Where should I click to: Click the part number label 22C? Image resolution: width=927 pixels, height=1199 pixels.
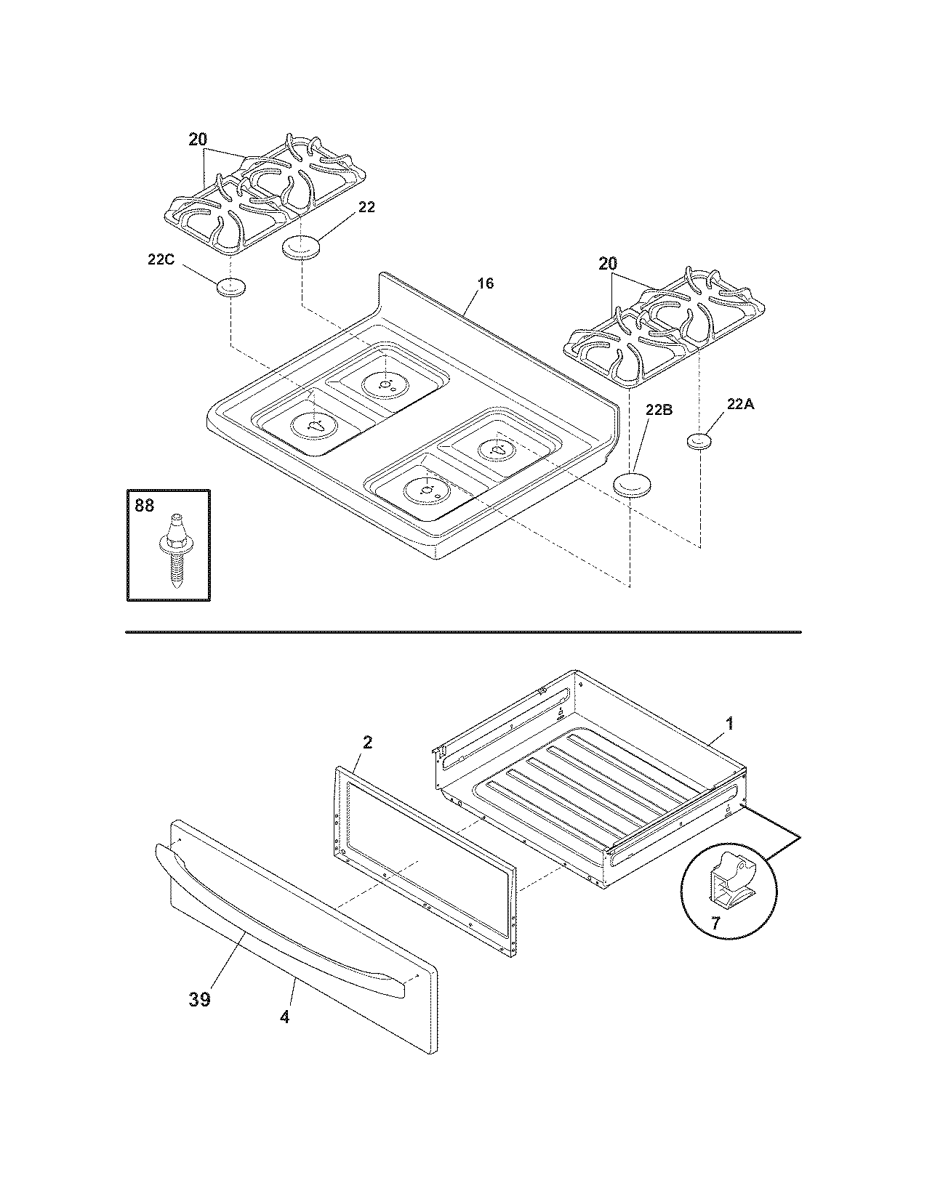click(x=160, y=259)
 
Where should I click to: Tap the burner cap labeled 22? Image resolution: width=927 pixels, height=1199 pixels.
click(x=301, y=247)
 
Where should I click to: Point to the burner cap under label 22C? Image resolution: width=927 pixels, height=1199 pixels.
click(x=230, y=287)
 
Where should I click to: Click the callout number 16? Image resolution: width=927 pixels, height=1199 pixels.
click(x=485, y=283)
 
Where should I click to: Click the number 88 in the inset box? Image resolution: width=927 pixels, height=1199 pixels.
click(x=145, y=505)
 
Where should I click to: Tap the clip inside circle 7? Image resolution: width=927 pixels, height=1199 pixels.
click(x=729, y=880)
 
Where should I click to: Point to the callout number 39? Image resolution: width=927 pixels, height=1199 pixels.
click(x=200, y=999)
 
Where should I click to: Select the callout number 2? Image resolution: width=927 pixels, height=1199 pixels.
click(x=367, y=742)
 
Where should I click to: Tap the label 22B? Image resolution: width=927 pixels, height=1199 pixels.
click(x=658, y=410)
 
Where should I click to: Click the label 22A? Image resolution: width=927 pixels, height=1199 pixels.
click(x=741, y=405)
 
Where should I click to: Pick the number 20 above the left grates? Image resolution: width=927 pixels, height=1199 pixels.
click(x=198, y=140)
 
